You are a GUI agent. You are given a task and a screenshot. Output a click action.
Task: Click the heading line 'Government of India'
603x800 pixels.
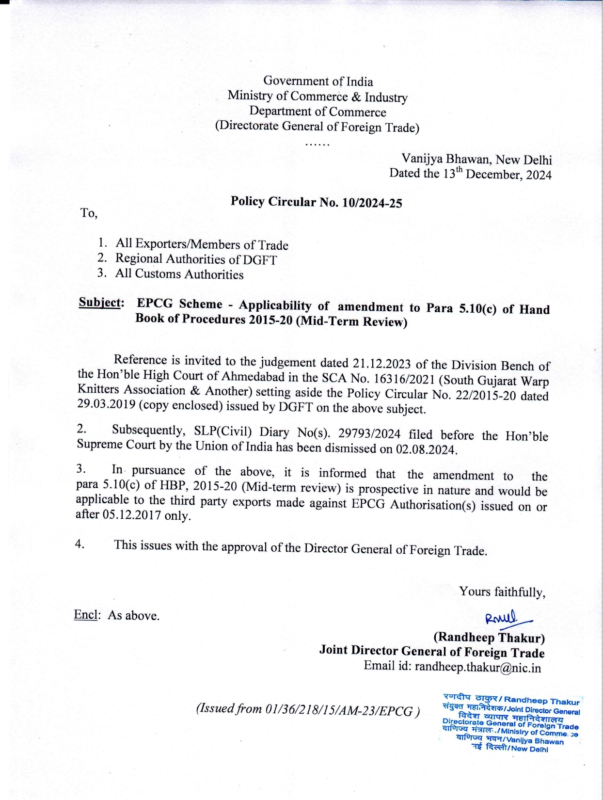pyautogui.click(x=318, y=81)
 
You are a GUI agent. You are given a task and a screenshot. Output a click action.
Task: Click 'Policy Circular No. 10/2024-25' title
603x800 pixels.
pyautogui.click(x=316, y=202)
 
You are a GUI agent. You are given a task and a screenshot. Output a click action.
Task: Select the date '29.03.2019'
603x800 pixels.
pyautogui.click(x=106, y=405)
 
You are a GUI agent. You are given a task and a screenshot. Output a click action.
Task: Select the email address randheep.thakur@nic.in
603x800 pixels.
pyautogui.click(x=477, y=668)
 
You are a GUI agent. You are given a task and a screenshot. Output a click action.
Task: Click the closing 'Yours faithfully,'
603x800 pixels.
pyautogui.click(x=502, y=592)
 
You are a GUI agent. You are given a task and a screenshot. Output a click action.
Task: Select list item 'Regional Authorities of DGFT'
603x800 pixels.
pyautogui.click(x=196, y=259)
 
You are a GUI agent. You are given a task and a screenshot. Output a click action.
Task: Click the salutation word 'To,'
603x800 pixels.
pyautogui.click(x=89, y=213)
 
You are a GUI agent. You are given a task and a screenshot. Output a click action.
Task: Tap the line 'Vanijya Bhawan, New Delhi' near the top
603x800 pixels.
pyautogui.click(x=476, y=159)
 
